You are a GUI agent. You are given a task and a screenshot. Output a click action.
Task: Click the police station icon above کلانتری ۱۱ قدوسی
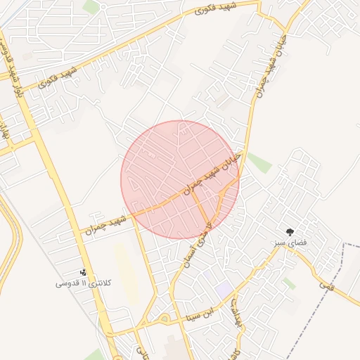83,272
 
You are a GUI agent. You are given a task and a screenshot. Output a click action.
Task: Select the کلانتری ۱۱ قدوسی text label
78,283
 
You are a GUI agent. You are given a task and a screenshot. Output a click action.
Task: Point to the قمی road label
325,285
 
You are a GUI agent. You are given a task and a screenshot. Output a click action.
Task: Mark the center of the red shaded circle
180,180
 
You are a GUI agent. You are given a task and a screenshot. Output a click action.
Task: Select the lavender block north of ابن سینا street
224,289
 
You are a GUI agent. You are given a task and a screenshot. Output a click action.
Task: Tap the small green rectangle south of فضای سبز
288,283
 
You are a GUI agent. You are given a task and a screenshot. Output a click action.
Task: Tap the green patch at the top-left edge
91,7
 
